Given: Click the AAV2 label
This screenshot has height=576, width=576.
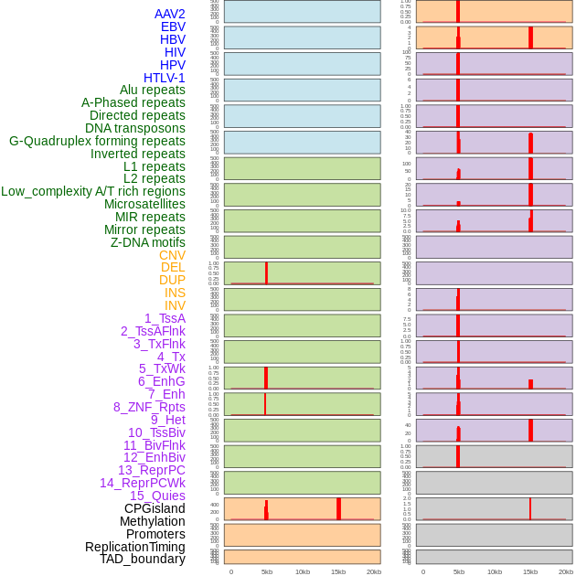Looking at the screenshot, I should point(170,14).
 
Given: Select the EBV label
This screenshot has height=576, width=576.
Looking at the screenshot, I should point(173,27).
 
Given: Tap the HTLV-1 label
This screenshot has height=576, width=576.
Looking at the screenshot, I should point(165,78).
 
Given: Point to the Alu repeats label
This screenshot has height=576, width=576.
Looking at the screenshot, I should point(153,90).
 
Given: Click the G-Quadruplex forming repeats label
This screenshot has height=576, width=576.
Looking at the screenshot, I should point(97,141).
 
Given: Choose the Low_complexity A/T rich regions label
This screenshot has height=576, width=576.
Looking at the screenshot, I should point(93,191).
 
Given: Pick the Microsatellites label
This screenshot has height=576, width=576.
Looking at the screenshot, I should point(144,204).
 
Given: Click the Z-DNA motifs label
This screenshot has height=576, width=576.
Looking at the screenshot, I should point(148,242).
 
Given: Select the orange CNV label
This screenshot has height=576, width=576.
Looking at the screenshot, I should point(172,255).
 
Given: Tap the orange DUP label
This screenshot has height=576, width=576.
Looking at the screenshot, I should point(172,280).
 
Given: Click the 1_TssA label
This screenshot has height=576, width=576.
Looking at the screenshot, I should point(165,318).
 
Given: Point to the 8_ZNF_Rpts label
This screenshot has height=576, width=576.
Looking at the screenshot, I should point(149,407).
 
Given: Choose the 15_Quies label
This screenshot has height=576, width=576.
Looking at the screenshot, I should point(157,496).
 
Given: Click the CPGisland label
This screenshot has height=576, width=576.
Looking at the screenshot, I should point(155,508).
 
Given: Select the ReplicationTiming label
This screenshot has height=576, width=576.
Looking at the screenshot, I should point(135,547).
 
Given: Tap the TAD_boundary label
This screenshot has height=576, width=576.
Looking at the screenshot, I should point(143,559).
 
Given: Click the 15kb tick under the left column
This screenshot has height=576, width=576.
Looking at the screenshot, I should point(338,571).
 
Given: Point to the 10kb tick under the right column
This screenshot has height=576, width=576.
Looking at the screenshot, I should point(495,571).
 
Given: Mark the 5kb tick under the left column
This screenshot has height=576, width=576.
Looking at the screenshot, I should point(267,571).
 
